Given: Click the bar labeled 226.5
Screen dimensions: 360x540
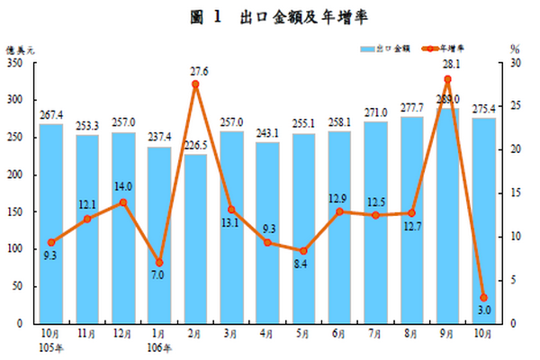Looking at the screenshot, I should (x=195, y=238).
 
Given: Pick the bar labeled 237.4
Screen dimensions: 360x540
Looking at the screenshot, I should (x=159, y=234).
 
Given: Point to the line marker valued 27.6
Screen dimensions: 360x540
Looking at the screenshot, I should (x=195, y=85).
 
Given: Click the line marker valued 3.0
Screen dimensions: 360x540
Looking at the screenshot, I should (x=484, y=297).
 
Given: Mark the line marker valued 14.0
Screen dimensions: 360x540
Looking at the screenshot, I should (x=123, y=202).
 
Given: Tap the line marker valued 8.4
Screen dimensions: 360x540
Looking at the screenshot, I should (x=303, y=250).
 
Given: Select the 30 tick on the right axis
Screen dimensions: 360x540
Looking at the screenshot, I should (x=514, y=64).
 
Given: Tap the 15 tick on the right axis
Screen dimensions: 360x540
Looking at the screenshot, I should (x=514, y=193).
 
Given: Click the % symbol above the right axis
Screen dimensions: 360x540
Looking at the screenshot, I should (x=514, y=48).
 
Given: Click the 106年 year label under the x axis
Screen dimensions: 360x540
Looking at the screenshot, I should (x=159, y=347).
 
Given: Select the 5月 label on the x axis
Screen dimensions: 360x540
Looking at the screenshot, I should (x=303, y=334).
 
